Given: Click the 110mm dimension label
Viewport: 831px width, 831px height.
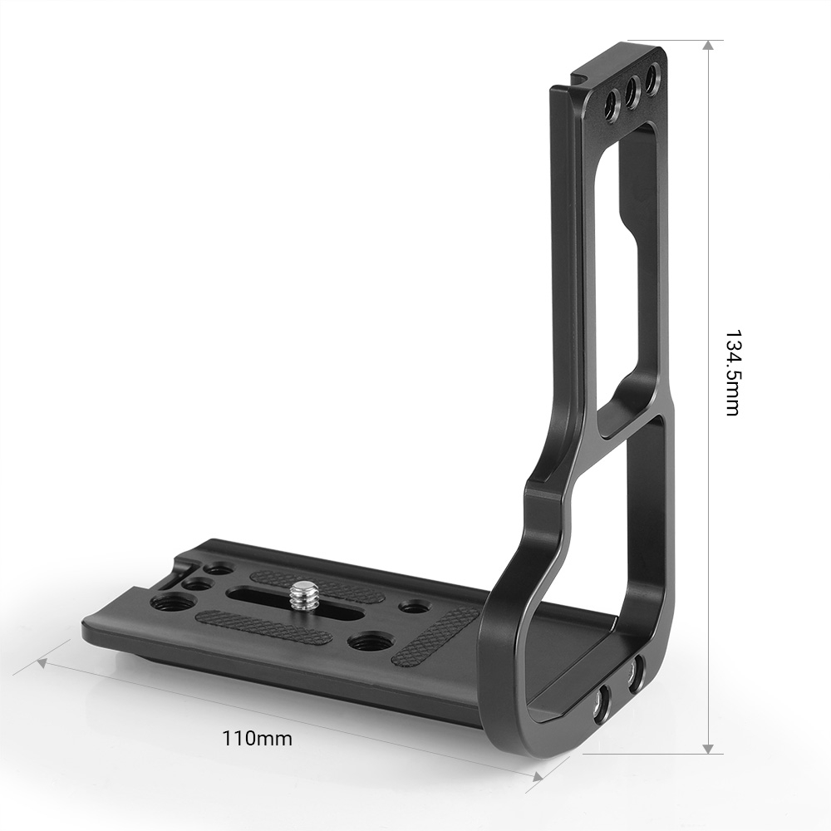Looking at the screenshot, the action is click(257, 738).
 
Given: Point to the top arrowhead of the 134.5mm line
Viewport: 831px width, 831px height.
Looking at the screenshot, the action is click(708, 46).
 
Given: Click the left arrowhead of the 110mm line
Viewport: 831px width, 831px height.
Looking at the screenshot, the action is click(43, 662).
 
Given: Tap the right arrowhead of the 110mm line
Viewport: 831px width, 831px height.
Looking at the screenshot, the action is click(537, 777).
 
